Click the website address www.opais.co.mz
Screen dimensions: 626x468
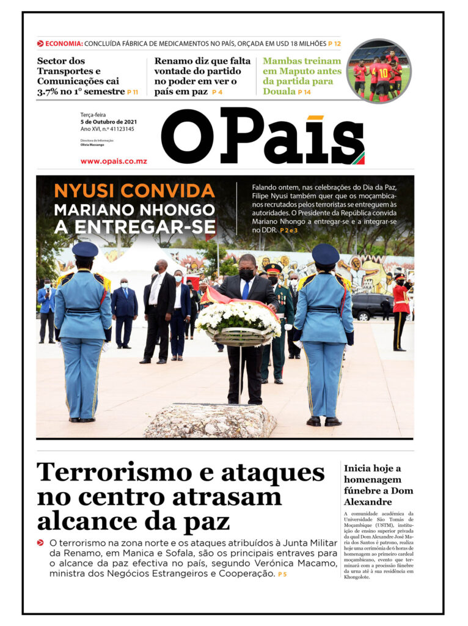coord(114,161)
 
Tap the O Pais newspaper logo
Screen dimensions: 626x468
coord(263,136)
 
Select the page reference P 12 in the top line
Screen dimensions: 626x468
coord(334,43)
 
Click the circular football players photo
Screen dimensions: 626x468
coord(378,71)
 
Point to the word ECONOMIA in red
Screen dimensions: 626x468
coord(64,43)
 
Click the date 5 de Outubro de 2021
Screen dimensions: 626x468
coord(109,122)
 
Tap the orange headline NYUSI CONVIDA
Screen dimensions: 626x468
coord(134,190)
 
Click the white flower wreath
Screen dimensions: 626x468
coord(238,318)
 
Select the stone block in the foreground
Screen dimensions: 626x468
coord(210,421)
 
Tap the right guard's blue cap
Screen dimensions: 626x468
coord(326,253)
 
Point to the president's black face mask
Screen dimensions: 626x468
coord(247,274)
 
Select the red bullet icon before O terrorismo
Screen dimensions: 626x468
coord(40,542)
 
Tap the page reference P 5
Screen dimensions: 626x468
coord(282,574)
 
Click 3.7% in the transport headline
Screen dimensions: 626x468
coord(48,91)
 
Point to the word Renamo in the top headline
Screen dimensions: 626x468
coord(174,61)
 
